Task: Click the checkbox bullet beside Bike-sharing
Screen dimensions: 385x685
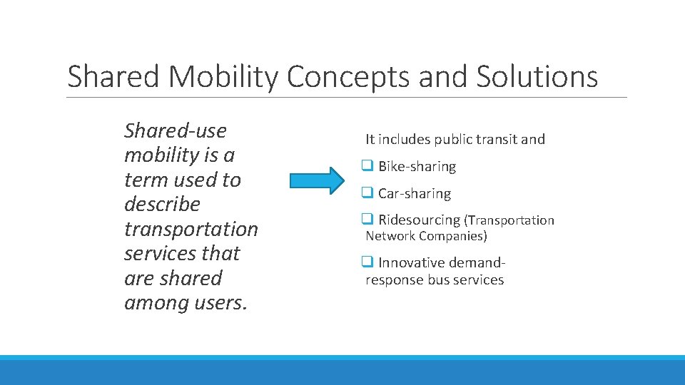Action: pos(367,166)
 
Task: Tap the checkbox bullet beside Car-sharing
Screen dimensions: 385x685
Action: pos(367,193)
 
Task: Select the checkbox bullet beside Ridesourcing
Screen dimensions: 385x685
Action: pos(367,220)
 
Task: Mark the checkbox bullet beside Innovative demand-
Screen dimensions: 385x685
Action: pos(367,262)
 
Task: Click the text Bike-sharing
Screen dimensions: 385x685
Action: pos(417,167)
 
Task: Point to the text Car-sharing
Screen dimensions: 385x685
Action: pos(415,194)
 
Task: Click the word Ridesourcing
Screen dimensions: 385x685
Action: pos(420,220)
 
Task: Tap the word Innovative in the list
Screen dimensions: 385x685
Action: pos(409,263)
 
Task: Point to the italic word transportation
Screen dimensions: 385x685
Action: pos(191,230)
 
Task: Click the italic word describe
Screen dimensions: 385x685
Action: pos(163,205)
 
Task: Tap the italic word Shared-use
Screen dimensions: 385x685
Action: pos(176,130)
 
